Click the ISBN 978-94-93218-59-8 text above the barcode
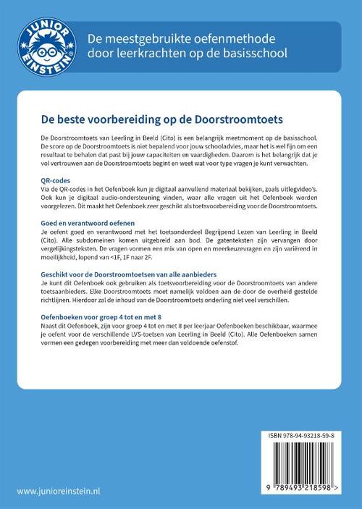point(300,437)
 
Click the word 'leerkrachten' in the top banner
point(148,54)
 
